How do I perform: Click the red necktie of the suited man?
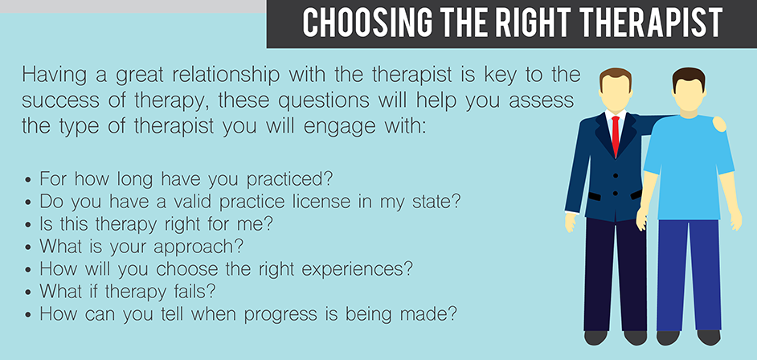(x=616, y=136)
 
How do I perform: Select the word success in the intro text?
(x=62, y=101)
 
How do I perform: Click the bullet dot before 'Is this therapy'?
(x=28, y=225)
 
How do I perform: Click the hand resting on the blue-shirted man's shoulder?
(x=719, y=124)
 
